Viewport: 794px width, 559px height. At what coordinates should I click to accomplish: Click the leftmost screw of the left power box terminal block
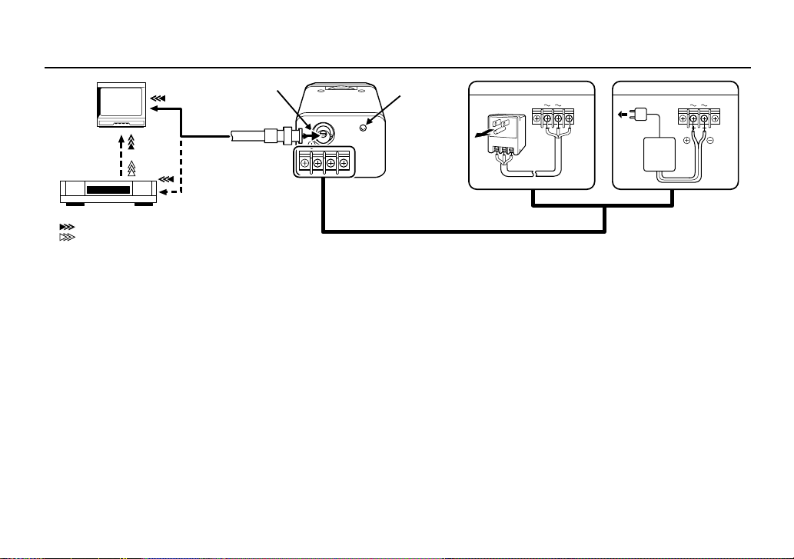[537, 118]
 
